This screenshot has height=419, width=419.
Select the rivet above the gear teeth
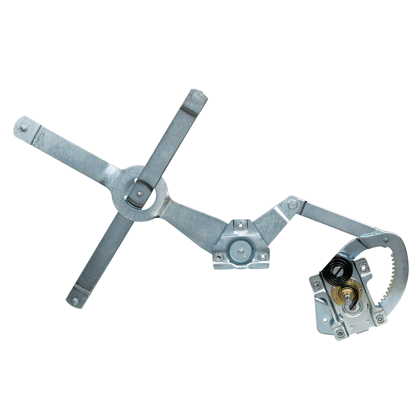tap(385, 240)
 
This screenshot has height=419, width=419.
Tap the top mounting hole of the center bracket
tap(239, 225)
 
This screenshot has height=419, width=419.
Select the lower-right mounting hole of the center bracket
tap(260, 257)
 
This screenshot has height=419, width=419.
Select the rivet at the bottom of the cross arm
tap(75, 301)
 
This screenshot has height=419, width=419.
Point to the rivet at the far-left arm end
tap(23, 128)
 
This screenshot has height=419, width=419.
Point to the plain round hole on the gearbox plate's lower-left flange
tap(326, 319)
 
